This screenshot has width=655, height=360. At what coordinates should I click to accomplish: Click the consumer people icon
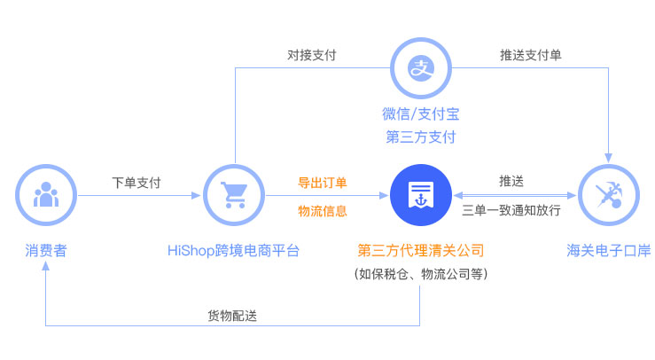(x=46, y=194)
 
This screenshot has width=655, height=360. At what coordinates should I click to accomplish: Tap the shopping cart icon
(x=234, y=195)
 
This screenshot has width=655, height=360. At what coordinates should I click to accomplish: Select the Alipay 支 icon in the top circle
(x=421, y=68)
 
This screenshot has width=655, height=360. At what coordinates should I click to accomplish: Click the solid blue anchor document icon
(x=421, y=195)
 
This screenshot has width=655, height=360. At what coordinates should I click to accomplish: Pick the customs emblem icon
(x=609, y=195)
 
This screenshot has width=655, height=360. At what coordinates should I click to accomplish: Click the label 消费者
(x=46, y=250)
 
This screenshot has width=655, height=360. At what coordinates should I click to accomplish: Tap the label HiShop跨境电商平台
(x=233, y=250)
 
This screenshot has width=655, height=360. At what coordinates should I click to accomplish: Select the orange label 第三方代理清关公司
(x=421, y=250)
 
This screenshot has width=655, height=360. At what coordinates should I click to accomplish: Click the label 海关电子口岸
(x=609, y=250)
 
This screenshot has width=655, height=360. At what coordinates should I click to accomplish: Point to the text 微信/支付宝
(x=421, y=113)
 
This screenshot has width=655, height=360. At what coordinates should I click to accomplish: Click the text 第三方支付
(x=421, y=137)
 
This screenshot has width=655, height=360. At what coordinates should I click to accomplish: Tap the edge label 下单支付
(x=136, y=183)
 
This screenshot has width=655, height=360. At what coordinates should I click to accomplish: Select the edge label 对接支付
(x=312, y=55)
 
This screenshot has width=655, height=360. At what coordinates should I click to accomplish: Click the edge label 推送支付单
(x=531, y=55)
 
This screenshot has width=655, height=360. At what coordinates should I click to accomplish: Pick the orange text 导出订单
(x=322, y=183)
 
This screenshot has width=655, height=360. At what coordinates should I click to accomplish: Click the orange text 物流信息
(x=322, y=211)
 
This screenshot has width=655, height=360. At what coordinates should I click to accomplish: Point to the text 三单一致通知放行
(x=511, y=210)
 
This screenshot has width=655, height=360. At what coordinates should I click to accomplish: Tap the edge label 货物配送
(x=232, y=316)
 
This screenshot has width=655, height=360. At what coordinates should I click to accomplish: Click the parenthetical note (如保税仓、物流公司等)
(x=421, y=274)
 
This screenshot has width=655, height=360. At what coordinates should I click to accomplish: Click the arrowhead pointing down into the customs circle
(x=608, y=158)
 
